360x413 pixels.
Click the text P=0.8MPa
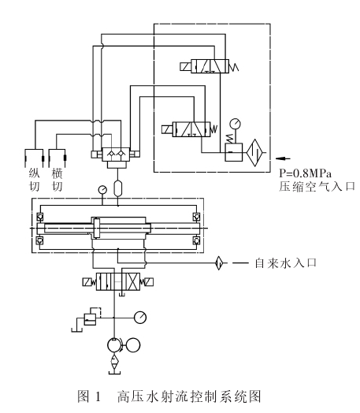pyautogui.click(x=306, y=173)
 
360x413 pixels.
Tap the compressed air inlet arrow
pyautogui.click(x=283, y=158)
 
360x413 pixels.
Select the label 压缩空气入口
pyautogui.click(x=317, y=187)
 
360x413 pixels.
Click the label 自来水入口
pyautogui.click(x=285, y=263)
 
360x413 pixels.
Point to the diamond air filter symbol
pyautogui.click(x=255, y=152)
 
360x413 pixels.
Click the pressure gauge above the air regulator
pyautogui.click(x=235, y=124)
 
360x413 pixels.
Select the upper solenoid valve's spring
pyautogui.click(x=234, y=66)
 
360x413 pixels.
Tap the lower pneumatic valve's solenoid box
pyautogui.click(x=167, y=129)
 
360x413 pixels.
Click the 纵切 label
pyautogui.click(x=34, y=180)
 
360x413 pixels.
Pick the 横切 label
pyautogui.click(x=57, y=180)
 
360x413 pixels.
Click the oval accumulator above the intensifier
pyautogui.click(x=117, y=188)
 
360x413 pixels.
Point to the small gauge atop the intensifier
pyautogui.click(x=102, y=189)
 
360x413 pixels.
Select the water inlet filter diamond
pyautogui.click(x=219, y=263)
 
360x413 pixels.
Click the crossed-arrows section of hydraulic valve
pyautogui.click(x=134, y=282)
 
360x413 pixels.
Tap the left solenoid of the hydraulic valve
pyautogui.click(x=87, y=282)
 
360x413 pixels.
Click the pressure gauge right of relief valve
pyautogui.click(x=140, y=318)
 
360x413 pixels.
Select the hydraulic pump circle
pyautogui.click(x=114, y=344)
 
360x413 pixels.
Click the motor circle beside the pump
pyautogui.click(x=133, y=344)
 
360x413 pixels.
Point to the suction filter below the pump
pyautogui.click(x=114, y=363)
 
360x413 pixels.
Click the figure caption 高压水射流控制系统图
pyautogui.click(x=189, y=396)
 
